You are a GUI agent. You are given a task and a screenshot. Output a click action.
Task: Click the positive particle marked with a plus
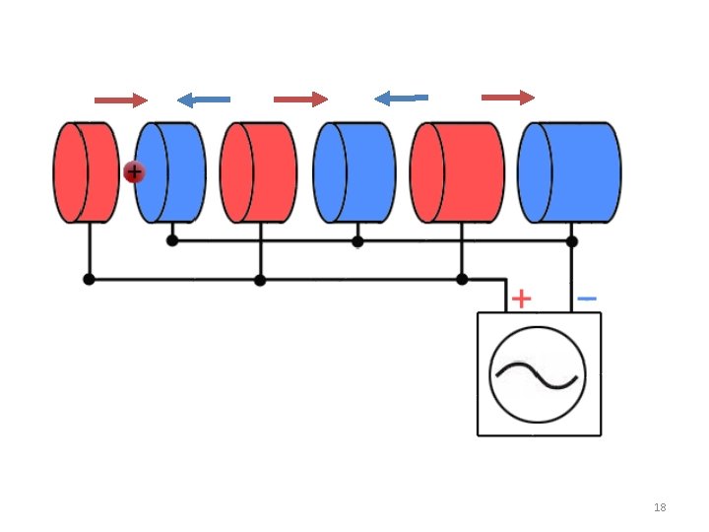(x=134, y=172)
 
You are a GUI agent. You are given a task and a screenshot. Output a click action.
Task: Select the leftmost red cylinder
(x=86, y=172)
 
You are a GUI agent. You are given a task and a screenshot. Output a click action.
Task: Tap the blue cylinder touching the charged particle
(x=171, y=172)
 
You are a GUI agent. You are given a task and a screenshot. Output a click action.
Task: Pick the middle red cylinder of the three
(x=257, y=172)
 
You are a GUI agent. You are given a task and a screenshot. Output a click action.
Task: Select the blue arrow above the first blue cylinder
(x=204, y=100)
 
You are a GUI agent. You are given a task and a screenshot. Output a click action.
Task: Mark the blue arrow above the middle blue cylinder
(x=402, y=98)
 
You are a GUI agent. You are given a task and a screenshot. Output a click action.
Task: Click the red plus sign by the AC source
(x=522, y=298)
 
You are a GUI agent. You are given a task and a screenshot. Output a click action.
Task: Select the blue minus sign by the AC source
(x=586, y=298)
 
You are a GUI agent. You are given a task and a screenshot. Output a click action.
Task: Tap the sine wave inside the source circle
(x=538, y=374)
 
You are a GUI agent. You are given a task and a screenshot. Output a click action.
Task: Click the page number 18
(x=660, y=507)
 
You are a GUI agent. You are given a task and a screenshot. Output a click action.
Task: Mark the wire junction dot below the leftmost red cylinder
(x=90, y=280)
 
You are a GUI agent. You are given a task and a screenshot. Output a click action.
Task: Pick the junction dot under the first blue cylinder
(x=172, y=240)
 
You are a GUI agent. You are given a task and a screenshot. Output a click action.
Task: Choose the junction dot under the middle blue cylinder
(x=357, y=240)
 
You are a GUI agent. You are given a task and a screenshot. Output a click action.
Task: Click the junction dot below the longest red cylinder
(x=462, y=280)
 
